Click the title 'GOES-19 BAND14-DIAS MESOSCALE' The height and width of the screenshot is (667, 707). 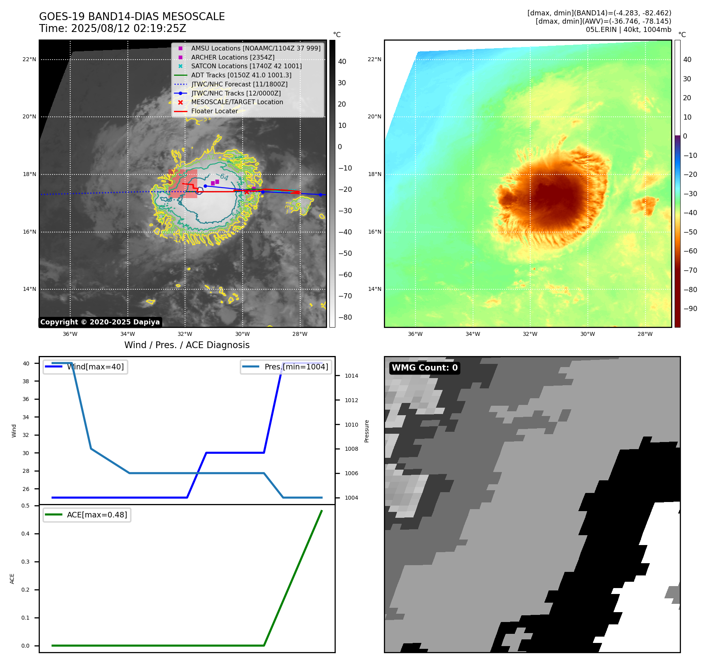pos(132,17)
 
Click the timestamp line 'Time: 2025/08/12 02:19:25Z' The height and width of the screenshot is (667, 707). pos(112,28)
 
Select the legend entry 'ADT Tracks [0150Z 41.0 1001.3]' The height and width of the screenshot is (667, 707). pos(241,75)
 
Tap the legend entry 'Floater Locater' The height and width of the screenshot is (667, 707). pos(214,111)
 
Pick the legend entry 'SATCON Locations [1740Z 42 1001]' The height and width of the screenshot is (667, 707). pos(246,66)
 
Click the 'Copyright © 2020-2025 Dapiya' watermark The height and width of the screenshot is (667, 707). pos(100,322)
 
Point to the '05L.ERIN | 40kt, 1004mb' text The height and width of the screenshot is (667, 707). pos(628,30)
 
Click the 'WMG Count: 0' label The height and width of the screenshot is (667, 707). pos(425,368)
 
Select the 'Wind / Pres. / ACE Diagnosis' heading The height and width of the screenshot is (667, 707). pos(187,345)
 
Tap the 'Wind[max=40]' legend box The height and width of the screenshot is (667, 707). pos(85,367)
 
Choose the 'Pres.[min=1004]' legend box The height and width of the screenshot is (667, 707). pos(286,367)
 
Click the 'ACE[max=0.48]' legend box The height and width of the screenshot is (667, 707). pos(87,515)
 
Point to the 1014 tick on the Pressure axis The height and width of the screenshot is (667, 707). pos(351,376)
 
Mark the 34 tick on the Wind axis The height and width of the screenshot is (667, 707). pos(26,417)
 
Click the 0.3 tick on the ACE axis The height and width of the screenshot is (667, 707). pos(25,562)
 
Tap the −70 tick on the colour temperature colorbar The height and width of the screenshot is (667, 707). pos(690,270)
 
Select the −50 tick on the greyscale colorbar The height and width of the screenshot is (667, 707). pos(345,253)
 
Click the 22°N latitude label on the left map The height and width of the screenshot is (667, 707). pos(29,60)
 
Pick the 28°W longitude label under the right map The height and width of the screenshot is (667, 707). pos(645,334)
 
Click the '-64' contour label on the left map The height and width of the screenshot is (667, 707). pos(224,177)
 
